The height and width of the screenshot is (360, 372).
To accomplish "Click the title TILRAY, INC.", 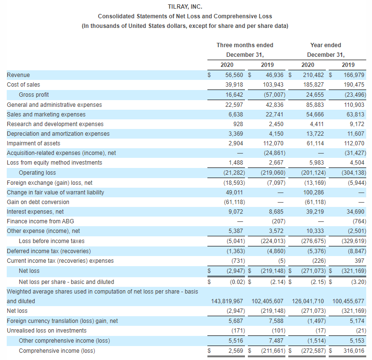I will pyautogui.click(x=186, y=7).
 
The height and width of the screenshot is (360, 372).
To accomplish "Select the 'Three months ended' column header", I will pyautogui.click(x=245, y=45).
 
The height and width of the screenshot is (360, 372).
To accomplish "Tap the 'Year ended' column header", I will pyautogui.click(x=326, y=45).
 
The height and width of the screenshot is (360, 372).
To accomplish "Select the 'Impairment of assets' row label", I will pyautogui.click(x=34, y=143).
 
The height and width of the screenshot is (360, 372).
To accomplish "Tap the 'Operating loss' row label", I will pyautogui.click(x=37, y=173).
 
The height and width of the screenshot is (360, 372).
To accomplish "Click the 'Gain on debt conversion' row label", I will pyautogui.click(x=38, y=202).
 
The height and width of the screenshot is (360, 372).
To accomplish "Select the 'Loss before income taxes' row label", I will pyautogui.click(x=51, y=241).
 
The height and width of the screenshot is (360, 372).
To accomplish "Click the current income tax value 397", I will pyautogui.click(x=360, y=261).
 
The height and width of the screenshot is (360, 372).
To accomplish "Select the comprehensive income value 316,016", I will pyautogui.click(x=355, y=351).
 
